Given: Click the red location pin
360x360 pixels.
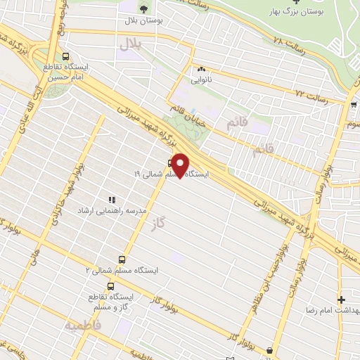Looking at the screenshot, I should [x=181, y=165].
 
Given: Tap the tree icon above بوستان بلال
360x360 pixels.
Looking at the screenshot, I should [x=143, y=9].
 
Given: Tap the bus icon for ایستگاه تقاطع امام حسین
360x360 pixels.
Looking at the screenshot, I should [x=65, y=57].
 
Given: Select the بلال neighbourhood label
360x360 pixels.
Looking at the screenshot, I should [x=129, y=44].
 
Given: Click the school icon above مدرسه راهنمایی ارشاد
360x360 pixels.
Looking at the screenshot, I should [x=111, y=200].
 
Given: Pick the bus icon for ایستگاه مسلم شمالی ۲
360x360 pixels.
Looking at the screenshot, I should [x=122, y=259].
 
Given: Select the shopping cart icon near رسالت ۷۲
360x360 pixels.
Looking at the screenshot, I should [x=352, y=105].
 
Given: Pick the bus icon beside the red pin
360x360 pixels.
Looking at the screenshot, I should [x=170, y=162].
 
